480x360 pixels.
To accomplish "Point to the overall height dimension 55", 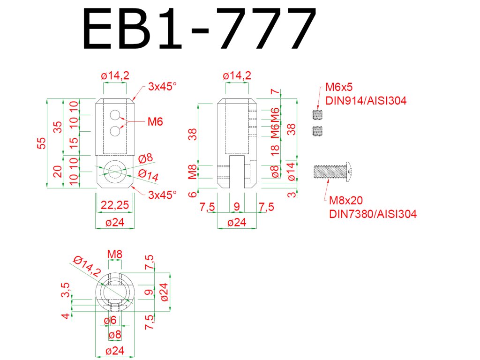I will click(42, 143).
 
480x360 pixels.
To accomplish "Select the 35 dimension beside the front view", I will click(58, 127).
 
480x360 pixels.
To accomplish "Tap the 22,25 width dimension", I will click(115, 205).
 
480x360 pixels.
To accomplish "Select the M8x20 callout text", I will click(346, 201).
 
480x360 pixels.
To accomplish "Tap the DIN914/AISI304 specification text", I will click(366, 100).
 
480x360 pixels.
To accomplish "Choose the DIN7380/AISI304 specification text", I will click(373, 214).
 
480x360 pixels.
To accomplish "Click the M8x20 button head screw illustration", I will click(332, 172).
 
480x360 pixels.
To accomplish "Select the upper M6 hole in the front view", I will click(114, 115).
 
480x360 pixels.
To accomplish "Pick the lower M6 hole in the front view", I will click(114, 132).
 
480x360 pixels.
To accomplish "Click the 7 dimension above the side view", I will click(275, 93).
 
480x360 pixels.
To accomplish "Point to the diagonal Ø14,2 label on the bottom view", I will click(88, 266).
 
